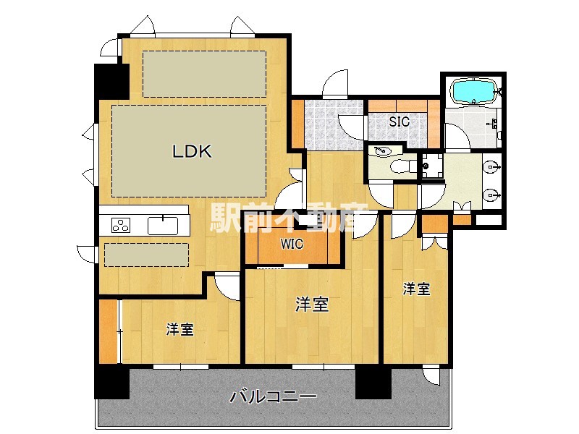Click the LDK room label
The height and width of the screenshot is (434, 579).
click(x=191, y=152)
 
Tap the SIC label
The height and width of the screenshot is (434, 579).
click(x=400, y=122)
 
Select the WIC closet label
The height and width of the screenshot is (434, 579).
click(x=292, y=244)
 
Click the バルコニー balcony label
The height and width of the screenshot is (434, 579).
click(x=273, y=396)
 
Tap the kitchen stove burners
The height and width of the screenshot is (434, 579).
click(x=121, y=226)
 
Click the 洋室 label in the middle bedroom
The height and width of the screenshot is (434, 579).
click(x=312, y=305)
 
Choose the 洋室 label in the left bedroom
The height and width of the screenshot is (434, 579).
click(x=179, y=330)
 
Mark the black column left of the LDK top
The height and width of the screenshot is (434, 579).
click(x=111, y=81)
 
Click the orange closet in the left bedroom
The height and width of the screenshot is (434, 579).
click(x=108, y=331)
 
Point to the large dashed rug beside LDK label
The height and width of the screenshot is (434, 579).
click(x=189, y=150)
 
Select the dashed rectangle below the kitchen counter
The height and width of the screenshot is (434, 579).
click(x=147, y=255)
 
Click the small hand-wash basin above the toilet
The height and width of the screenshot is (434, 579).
click(x=382, y=151)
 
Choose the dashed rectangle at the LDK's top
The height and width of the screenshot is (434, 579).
click(x=203, y=74)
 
